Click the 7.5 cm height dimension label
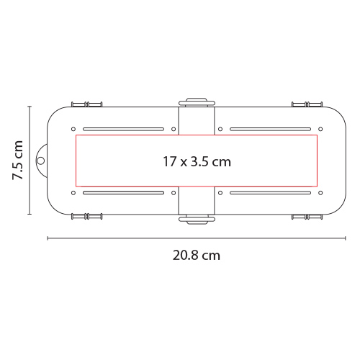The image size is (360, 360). pyautogui.click(x=18, y=160)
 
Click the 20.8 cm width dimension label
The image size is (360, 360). pyautogui.click(x=197, y=256)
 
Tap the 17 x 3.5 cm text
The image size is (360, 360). pyautogui.click(x=197, y=161)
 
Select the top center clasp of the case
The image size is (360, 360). pyautogui.click(x=197, y=102)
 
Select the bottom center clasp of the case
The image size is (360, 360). pyautogui.click(x=197, y=220)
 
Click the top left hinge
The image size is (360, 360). pyautogui.click(x=87, y=104)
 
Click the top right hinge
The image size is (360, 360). pyautogui.click(x=307, y=104)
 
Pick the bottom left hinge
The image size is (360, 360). pyautogui.click(x=87, y=217)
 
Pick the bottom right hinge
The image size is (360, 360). pyautogui.click(x=307, y=217)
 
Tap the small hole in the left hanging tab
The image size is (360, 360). pyautogui.click(x=41, y=161)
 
